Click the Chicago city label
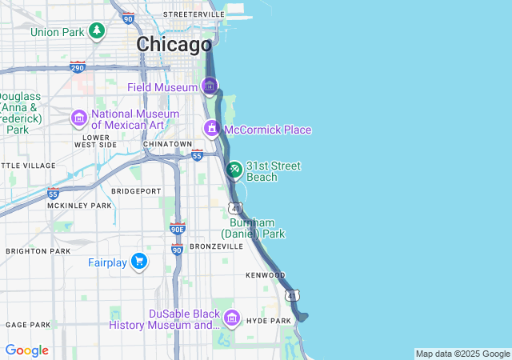tap(174, 45)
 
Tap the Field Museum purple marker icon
tap(210, 86)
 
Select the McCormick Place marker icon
tap(211, 129)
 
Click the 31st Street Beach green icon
tap(234, 170)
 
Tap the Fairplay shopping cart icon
tap(139, 262)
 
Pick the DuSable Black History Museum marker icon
tap(232, 319)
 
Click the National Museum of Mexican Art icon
tap(78, 119)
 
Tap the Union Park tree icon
tap(97, 31)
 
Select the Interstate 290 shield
tap(78, 66)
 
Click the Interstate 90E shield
tap(178, 230)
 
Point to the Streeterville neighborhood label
tap(194, 14)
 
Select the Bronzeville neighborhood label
tap(216, 246)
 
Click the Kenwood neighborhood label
tap(265, 275)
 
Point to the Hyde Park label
tap(269, 321)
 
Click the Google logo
tap(26, 350)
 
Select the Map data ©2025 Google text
tap(462, 354)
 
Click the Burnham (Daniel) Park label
tap(258, 228)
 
